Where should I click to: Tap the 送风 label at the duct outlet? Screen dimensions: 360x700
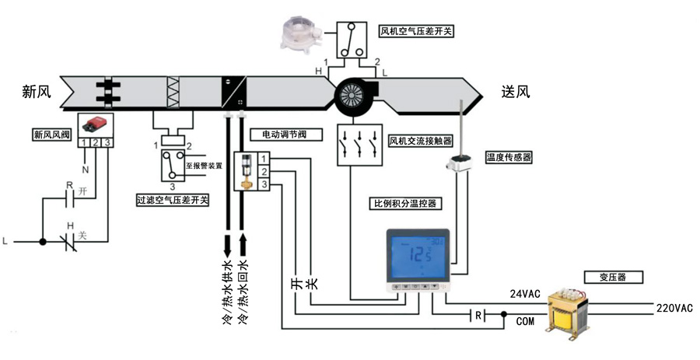click(x=516, y=92)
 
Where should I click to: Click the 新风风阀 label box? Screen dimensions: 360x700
click(x=51, y=133)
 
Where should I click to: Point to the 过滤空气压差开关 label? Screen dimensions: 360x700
click(x=172, y=201)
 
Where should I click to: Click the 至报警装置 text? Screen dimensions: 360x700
click(x=205, y=165)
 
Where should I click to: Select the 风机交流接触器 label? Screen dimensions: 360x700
click(x=421, y=140)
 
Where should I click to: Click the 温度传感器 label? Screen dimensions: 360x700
click(x=509, y=156)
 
